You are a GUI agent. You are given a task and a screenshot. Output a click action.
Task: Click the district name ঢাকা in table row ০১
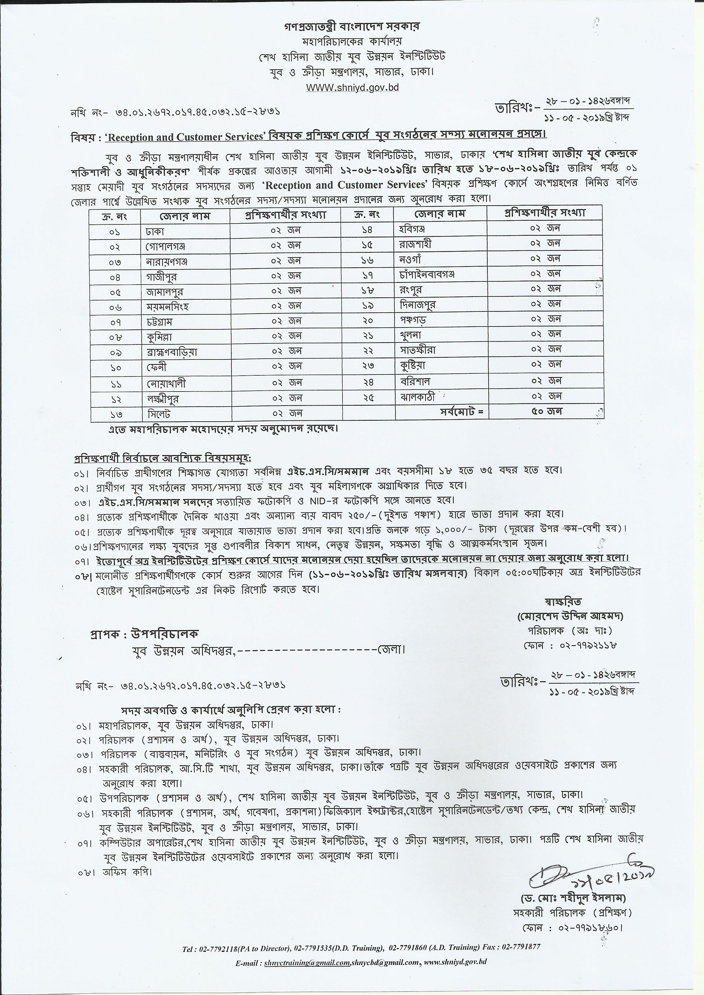tap(155, 232)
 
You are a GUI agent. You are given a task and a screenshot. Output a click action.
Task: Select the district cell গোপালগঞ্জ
tap(166, 247)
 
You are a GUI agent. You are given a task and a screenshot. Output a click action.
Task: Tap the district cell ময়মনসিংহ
tap(167, 307)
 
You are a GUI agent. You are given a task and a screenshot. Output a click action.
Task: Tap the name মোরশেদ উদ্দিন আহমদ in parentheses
tap(569, 615)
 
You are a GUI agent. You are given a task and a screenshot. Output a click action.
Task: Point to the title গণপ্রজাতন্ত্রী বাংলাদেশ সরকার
tap(352, 26)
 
